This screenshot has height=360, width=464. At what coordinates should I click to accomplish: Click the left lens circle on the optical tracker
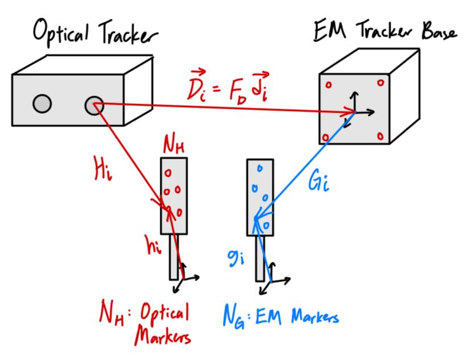[42, 103]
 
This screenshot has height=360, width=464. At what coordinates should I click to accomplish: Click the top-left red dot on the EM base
[328, 85]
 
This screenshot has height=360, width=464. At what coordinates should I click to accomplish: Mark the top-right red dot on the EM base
[379, 83]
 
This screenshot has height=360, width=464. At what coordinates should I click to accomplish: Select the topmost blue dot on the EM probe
[259, 168]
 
